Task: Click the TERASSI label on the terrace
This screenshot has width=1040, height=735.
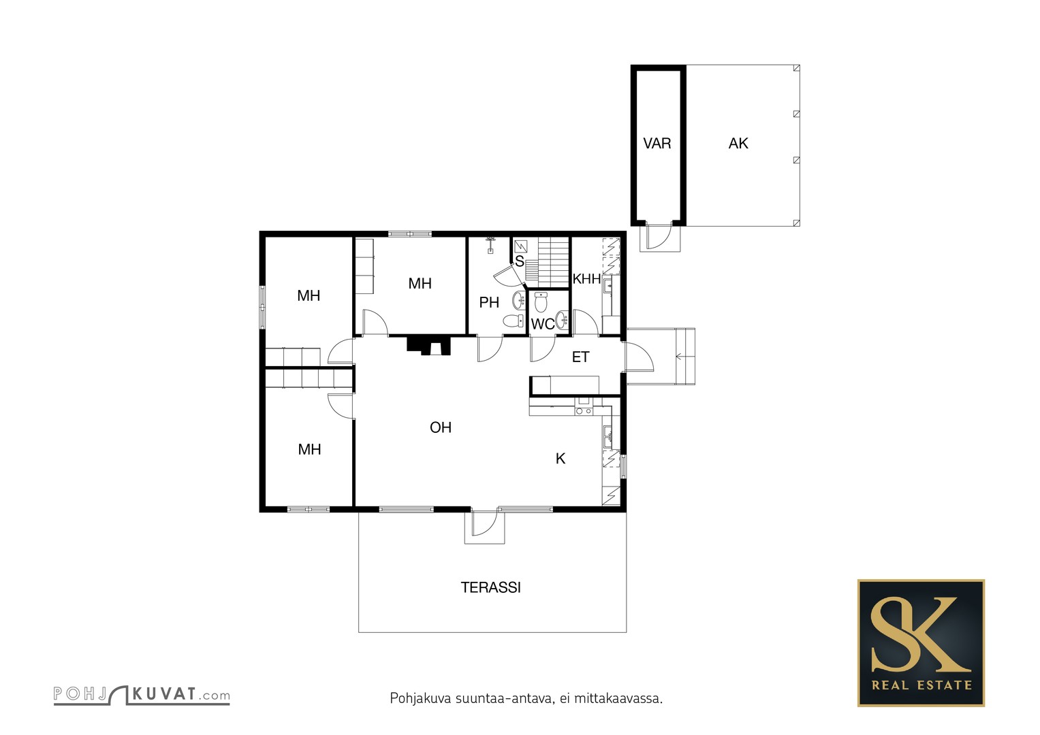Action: (490, 587)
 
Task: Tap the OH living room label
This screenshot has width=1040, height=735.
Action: (441, 427)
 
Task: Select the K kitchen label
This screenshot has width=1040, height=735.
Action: (561, 459)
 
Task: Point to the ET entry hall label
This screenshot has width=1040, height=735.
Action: (581, 357)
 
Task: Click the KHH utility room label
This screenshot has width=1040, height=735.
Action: (587, 279)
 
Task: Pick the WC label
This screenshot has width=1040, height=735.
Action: (543, 324)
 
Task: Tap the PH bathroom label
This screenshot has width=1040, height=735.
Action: (489, 303)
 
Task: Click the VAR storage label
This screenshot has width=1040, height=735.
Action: (657, 144)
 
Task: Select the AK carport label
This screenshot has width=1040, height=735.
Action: (738, 144)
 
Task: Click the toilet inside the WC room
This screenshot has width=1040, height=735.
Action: (540, 302)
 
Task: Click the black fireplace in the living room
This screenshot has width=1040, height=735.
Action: (429, 346)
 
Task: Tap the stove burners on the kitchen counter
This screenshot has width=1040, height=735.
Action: (584, 410)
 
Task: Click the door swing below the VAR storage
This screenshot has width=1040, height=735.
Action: (660, 237)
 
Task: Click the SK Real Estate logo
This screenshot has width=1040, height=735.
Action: (921, 643)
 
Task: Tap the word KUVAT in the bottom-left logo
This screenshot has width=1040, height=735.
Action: (164, 693)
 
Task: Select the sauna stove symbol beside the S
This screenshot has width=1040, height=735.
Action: (521, 246)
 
